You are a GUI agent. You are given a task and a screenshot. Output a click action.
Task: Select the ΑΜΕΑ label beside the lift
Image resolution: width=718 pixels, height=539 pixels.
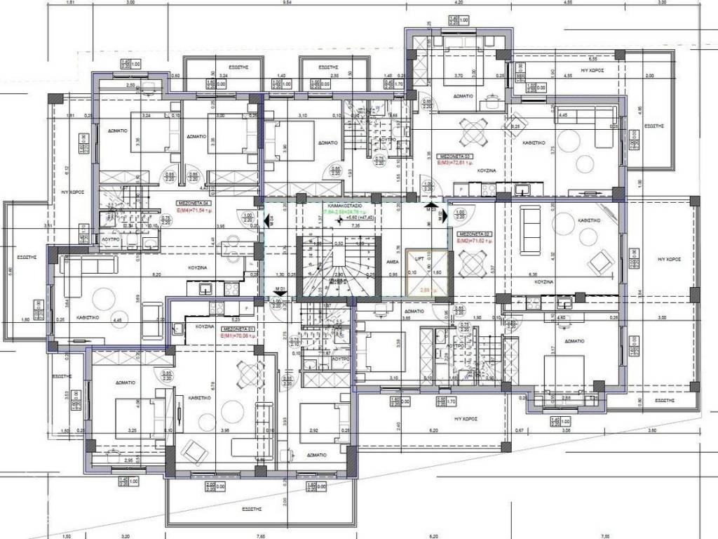[393, 260]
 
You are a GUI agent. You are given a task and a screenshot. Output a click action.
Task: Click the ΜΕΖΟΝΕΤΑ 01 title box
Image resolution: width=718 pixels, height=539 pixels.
[238, 328]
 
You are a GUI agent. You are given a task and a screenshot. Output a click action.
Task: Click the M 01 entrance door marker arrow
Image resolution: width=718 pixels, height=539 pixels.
[280, 289]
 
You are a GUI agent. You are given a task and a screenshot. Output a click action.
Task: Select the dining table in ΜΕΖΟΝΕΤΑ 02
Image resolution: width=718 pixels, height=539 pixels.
[468, 265]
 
